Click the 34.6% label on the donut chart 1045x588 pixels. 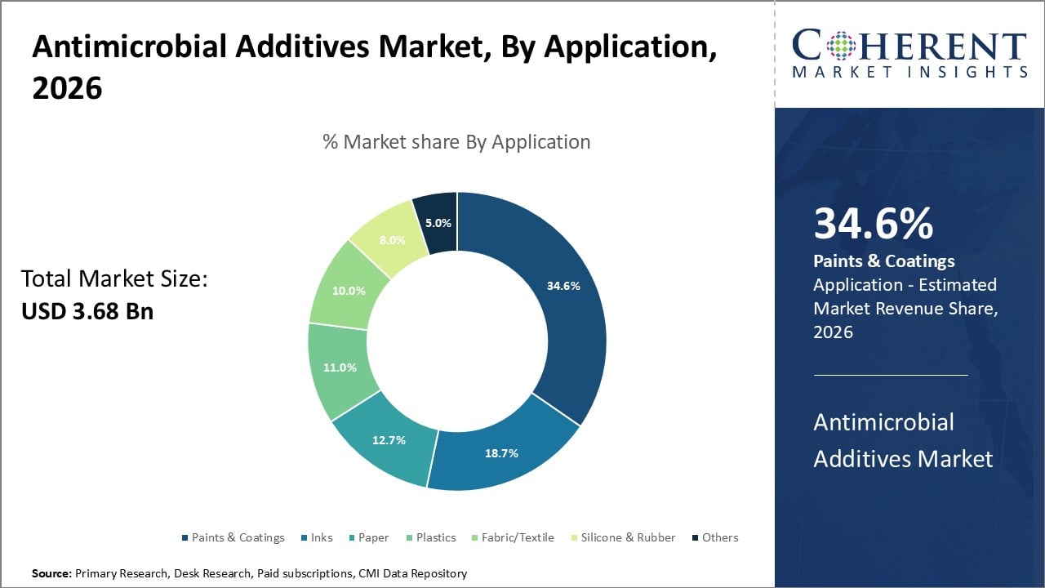coord(564,286)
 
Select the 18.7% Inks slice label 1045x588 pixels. coord(502,453)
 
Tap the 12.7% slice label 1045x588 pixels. coord(389,439)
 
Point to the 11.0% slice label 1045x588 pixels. coord(340,367)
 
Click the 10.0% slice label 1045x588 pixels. coord(349,290)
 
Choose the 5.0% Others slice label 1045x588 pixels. coord(438,222)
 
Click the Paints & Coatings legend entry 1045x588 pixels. coord(238,537)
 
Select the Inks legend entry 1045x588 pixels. coord(322,537)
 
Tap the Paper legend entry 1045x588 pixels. coord(374,537)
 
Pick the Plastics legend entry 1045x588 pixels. coord(436,537)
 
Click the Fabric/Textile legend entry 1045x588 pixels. coord(518,537)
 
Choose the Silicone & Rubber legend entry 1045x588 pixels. coord(628,537)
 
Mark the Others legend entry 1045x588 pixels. coord(720,537)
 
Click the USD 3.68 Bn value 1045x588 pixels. coord(87,311)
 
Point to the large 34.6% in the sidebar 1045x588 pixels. coord(873,224)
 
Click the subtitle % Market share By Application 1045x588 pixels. coord(456,141)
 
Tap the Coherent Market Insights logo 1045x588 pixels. coord(909,55)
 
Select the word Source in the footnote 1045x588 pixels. coord(51,574)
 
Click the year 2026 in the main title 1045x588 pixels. coord(67,88)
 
